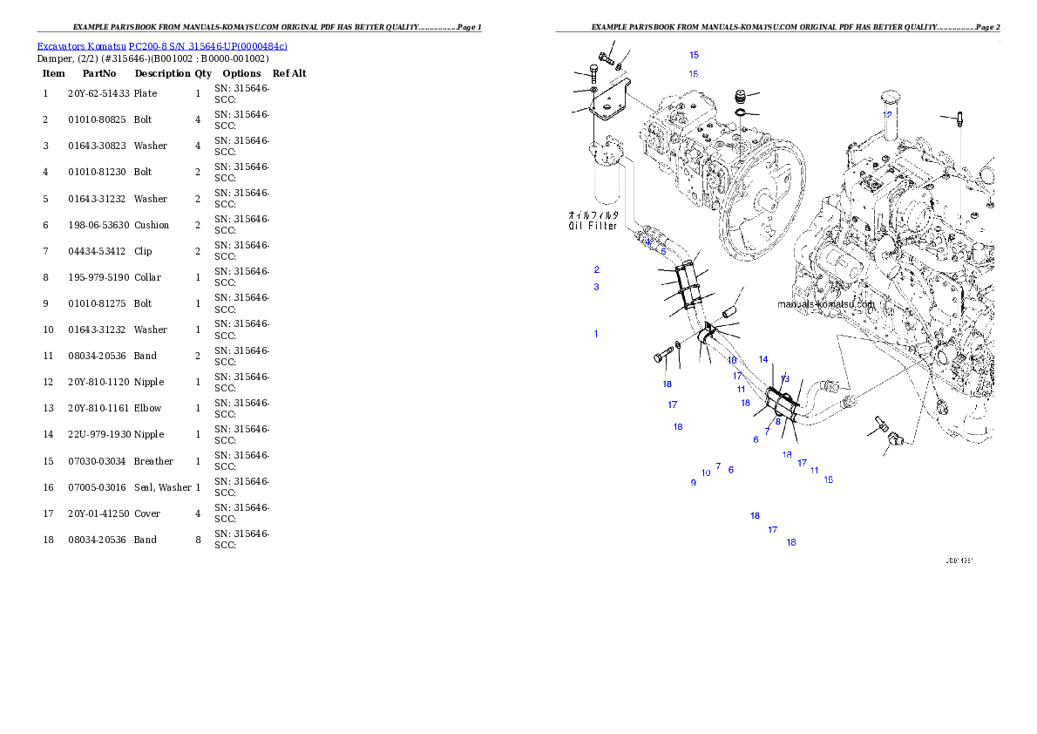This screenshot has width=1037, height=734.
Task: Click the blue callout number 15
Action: (694, 55)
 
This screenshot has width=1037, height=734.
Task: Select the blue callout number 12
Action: (887, 114)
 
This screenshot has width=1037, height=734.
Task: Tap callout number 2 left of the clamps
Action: (597, 269)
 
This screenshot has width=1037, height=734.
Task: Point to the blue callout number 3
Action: (597, 287)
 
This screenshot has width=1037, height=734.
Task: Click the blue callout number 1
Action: (596, 334)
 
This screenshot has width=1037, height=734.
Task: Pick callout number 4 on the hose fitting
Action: (648, 241)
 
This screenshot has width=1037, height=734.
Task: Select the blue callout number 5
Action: (663, 252)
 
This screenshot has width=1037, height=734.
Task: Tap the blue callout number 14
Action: (763, 359)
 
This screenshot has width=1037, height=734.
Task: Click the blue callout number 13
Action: (785, 378)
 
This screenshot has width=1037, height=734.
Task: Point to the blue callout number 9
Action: (694, 482)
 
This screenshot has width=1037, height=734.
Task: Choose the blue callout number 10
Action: (706, 473)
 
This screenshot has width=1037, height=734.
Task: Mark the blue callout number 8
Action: (778, 421)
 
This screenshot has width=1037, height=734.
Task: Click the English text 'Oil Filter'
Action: (593, 226)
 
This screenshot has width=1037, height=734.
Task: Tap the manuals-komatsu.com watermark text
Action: (825, 304)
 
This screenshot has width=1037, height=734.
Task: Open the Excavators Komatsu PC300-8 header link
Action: (162, 45)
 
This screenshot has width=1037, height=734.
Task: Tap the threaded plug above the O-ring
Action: (741, 95)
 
